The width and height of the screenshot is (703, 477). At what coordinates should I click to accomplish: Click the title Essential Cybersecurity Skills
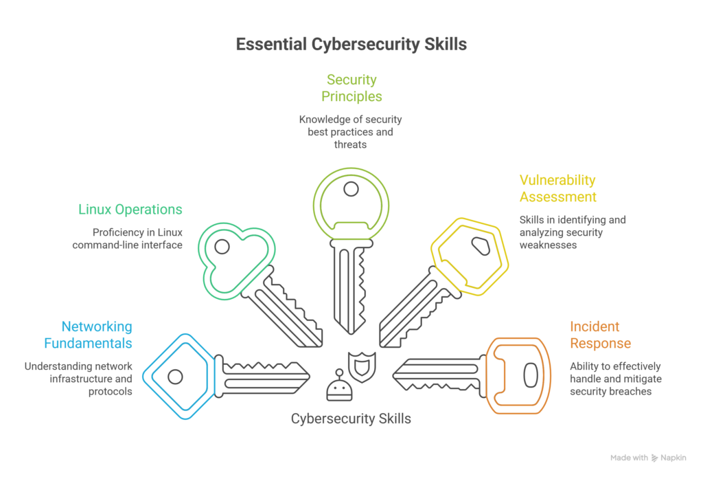click(x=351, y=45)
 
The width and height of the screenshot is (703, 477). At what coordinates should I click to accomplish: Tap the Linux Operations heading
click(x=130, y=209)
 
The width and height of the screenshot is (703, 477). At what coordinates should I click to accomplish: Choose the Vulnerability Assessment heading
click(x=557, y=188)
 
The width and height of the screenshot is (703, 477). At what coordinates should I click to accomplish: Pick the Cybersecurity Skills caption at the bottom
click(x=351, y=418)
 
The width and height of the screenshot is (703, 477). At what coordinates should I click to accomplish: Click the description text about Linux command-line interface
click(x=128, y=238)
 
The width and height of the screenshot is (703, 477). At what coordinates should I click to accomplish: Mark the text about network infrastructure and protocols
click(x=78, y=379)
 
